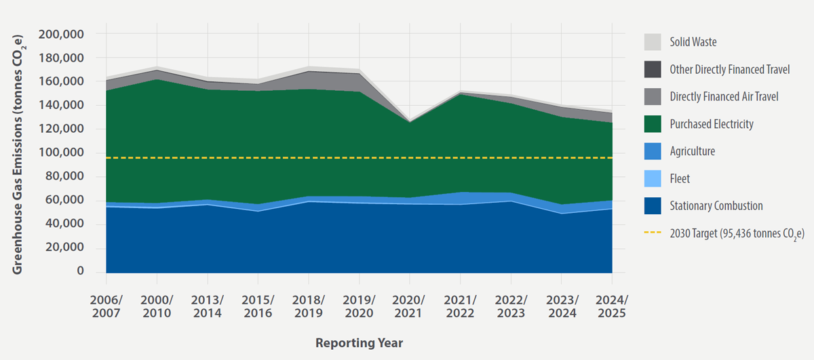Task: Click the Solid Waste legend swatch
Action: click(652, 42)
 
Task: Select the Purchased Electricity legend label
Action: click(711, 124)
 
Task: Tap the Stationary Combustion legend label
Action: click(716, 205)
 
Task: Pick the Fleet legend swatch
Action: click(652, 178)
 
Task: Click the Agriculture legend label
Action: click(692, 151)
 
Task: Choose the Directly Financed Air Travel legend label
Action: click(724, 97)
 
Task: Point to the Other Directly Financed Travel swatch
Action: click(652, 69)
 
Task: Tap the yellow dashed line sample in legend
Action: click(652, 233)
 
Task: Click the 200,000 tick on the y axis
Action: click(61, 34)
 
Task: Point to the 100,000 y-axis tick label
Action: click(61, 153)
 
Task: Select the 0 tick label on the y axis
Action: click(80, 271)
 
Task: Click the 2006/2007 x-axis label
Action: click(106, 306)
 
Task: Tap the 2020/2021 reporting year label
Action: click(410, 306)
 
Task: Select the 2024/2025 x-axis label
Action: click(612, 306)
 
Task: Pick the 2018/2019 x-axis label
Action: click(309, 306)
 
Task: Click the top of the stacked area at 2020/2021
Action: click(410, 120)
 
